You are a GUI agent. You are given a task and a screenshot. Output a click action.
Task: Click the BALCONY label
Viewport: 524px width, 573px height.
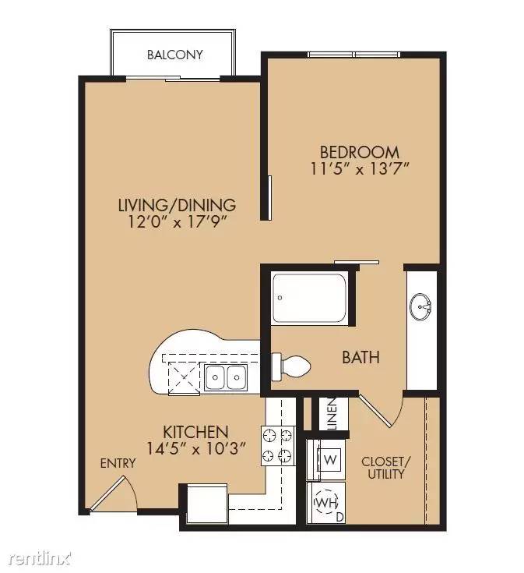click(x=174, y=55)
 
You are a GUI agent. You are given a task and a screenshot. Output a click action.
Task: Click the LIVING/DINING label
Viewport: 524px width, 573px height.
click(x=177, y=206)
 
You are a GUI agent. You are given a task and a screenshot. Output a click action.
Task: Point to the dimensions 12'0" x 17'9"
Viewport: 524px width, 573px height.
click(x=177, y=221)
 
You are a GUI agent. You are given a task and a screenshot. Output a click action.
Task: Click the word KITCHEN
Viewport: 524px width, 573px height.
click(x=195, y=432)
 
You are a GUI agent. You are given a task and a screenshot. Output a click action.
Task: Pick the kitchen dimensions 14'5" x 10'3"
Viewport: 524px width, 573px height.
click(x=195, y=448)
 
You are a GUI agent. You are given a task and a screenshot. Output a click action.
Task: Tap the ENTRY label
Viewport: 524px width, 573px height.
click(x=118, y=463)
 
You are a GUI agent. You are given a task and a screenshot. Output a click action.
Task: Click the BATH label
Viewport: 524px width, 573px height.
click(x=361, y=358)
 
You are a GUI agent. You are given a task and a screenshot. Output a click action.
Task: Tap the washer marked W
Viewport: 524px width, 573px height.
click(x=329, y=458)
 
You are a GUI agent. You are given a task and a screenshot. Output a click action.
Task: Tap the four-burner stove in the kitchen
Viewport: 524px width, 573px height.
click(x=278, y=447)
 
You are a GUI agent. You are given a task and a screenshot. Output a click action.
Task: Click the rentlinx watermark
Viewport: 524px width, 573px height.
click(x=39, y=560)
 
